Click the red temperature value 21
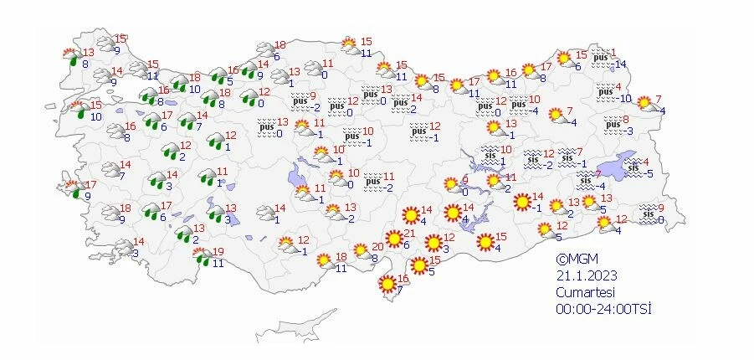point(410,233)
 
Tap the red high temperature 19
point(219,252)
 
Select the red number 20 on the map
point(377,246)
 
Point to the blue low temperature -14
point(619,64)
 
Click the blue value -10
point(623,98)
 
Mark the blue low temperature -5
point(648,173)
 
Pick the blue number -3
point(628,130)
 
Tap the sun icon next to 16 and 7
point(387,284)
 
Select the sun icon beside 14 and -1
point(521,202)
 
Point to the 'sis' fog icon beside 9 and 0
point(647,214)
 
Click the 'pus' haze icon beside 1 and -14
point(601,58)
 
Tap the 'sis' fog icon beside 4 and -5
point(635,167)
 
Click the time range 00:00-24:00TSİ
point(603,308)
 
